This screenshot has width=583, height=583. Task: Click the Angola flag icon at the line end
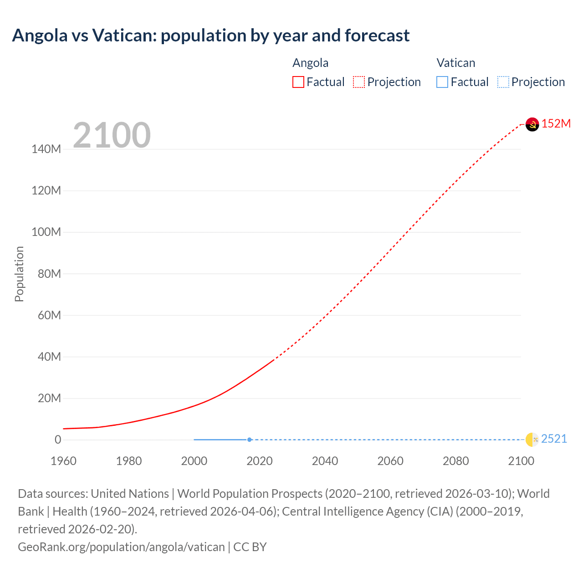[x=532, y=124]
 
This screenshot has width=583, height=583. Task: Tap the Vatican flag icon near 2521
[x=532, y=440]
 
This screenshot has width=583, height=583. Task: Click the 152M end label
[x=556, y=123]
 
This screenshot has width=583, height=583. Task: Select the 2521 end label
[x=554, y=439]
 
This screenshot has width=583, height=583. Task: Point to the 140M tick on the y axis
[x=46, y=149]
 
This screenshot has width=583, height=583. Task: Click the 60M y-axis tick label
[x=49, y=315]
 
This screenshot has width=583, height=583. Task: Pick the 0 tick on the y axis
[x=58, y=440]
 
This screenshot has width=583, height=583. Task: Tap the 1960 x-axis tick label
[x=63, y=461]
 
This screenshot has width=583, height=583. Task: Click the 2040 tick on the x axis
[x=325, y=461]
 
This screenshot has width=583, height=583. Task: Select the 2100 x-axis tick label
[x=521, y=461]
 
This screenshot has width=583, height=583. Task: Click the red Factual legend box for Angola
[x=298, y=82]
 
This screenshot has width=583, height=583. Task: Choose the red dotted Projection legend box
[x=359, y=82]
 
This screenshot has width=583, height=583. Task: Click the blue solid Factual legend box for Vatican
[x=442, y=82]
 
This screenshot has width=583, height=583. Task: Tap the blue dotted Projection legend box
[x=503, y=82]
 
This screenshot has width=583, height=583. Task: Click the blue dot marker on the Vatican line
[x=250, y=440]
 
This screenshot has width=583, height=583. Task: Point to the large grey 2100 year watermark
[x=112, y=135]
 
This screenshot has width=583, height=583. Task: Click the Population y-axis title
[x=19, y=274]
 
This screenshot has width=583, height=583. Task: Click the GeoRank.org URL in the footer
[x=121, y=547]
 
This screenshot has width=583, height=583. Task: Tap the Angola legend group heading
[x=310, y=63]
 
